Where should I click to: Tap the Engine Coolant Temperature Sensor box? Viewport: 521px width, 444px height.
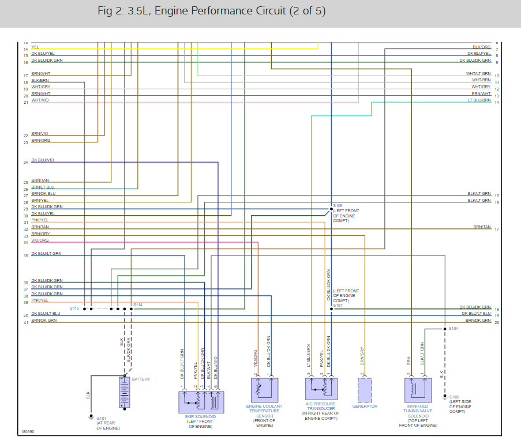263,390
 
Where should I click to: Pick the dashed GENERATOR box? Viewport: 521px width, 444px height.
365,390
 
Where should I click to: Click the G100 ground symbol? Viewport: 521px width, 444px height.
444,397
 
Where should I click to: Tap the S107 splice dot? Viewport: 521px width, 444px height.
331,308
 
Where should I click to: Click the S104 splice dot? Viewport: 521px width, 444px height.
444,329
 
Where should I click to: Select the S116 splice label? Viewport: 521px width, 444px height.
74,308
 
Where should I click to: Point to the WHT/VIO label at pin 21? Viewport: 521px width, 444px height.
40,100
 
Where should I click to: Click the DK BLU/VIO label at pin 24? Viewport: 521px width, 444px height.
42,160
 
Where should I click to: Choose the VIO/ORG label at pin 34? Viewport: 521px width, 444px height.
40,240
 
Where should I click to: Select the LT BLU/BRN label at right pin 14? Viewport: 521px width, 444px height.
479,100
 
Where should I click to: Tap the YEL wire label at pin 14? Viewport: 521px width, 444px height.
35,47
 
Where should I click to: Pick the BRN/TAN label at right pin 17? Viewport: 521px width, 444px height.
482,227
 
